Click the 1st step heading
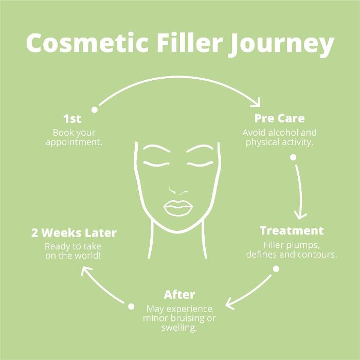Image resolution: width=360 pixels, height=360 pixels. [73, 119]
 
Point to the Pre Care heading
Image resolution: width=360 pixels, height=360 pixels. [279, 119]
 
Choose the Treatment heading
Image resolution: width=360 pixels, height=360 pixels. [292, 230]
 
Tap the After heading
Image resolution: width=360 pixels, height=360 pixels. [179, 295]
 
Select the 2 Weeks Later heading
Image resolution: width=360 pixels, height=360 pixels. [74, 233]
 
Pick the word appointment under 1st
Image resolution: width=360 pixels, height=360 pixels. [74, 142]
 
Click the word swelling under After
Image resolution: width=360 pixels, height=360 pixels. [179, 327]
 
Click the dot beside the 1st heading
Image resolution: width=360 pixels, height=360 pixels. [94, 110]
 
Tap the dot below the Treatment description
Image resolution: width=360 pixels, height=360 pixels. [276, 268]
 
